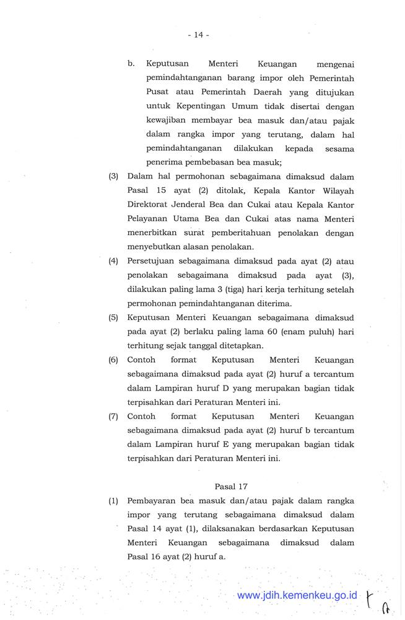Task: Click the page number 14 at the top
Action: coord(198,35)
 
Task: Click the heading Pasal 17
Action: coord(231,486)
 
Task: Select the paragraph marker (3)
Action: coord(113,176)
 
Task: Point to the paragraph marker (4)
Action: coord(113,261)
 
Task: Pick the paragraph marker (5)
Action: coord(113,317)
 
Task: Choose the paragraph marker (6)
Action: coord(113,360)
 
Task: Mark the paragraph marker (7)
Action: coord(113,417)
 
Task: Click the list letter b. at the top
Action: coord(131,63)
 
